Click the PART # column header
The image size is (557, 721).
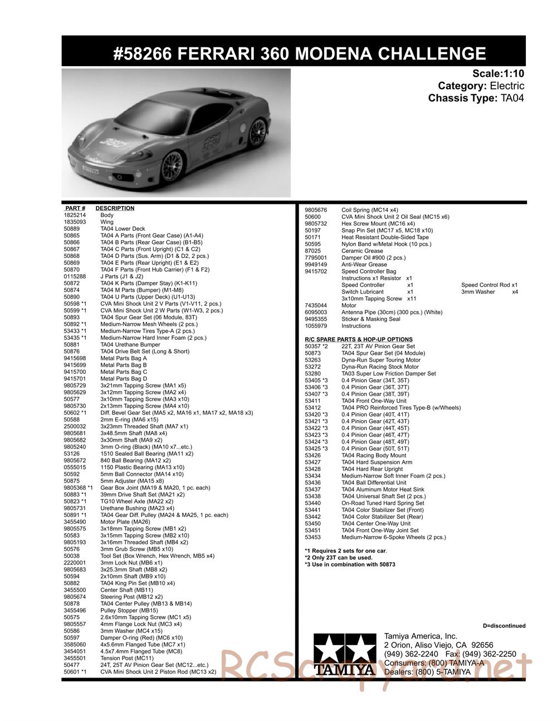click(75, 208)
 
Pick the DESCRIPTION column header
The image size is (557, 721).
click(115, 208)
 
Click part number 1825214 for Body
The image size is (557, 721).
click(75, 215)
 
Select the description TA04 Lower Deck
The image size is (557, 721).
click(123, 228)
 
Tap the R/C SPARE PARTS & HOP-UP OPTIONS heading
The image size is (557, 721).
click(359, 339)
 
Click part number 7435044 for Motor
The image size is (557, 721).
click(316, 305)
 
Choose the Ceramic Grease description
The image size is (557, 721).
click(362, 251)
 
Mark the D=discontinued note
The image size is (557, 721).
click(504, 626)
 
